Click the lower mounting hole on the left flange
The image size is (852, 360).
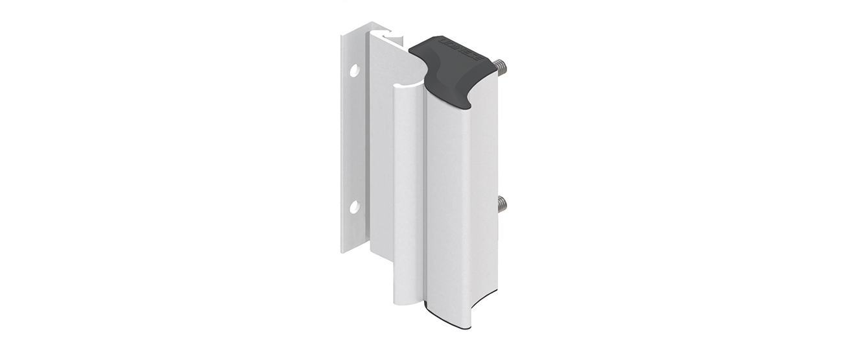355,207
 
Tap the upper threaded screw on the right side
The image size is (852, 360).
501,66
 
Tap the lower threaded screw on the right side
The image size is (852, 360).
501,205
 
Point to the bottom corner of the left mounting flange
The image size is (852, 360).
344,252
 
